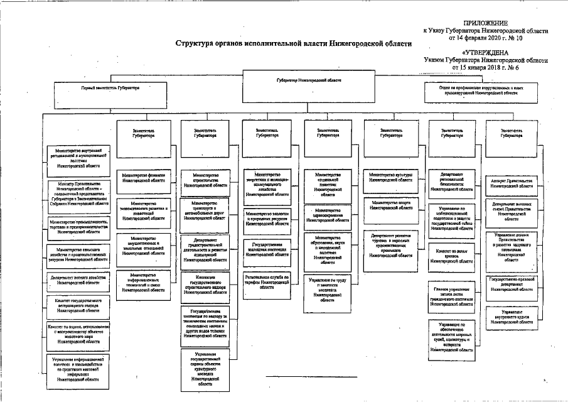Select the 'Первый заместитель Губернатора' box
coord(110,88)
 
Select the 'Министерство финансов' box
coord(144,177)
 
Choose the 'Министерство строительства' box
coord(206,180)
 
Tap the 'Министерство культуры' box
coord(392,177)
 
